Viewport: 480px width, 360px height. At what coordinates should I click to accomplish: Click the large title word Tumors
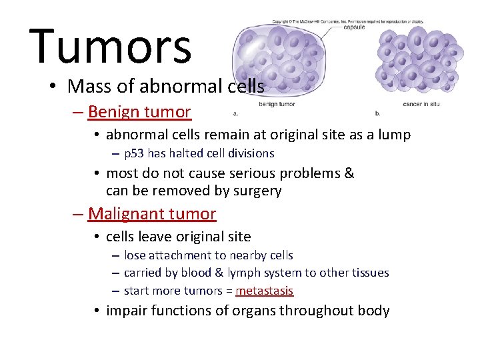click(110, 47)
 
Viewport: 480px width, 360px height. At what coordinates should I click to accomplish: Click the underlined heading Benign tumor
click(139, 112)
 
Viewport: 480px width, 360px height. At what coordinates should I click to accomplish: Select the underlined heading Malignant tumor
click(152, 214)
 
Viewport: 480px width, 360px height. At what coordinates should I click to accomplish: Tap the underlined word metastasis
click(264, 291)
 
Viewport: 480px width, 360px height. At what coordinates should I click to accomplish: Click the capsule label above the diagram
click(353, 27)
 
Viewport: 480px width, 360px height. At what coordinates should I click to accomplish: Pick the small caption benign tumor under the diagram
click(277, 105)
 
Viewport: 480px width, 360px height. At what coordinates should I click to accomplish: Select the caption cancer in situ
click(425, 105)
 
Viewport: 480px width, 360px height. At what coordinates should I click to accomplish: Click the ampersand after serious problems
click(349, 174)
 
